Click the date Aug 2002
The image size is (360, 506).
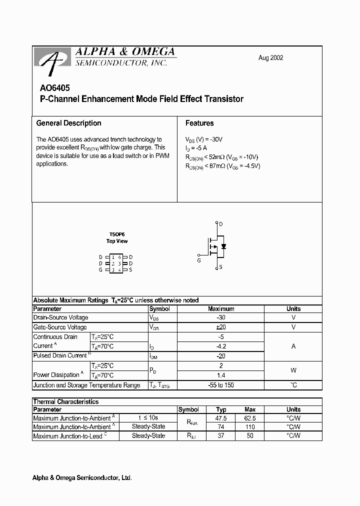[x=270, y=58]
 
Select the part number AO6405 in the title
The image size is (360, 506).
[x=52, y=87]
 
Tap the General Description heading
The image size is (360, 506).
[x=68, y=123]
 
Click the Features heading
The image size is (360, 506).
[x=199, y=123]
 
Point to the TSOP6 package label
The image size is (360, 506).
[x=116, y=234]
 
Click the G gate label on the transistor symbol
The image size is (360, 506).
[x=199, y=260]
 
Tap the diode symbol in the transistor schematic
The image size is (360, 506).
[x=223, y=246]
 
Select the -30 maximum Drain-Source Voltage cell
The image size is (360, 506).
[x=220, y=317]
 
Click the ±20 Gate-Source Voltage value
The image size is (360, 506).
[x=220, y=327]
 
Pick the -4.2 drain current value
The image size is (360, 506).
[x=220, y=346]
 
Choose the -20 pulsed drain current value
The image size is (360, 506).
[x=220, y=356]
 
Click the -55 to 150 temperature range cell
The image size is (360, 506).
[x=220, y=385]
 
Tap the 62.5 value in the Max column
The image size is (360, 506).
[x=250, y=418]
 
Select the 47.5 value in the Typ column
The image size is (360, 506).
[x=221, y=418]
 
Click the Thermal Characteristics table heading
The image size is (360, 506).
[x=65, y=401]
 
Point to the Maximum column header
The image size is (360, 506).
[x=220, y=309]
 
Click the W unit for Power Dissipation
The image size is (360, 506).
[x=293, y=370]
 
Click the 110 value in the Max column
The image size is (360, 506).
[x=250, y=427]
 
